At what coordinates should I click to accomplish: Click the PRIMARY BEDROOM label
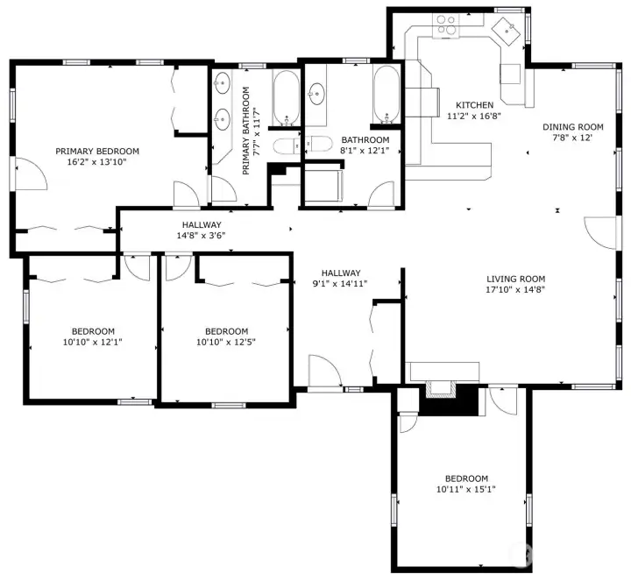(x=97, y=151)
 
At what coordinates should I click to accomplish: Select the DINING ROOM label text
(x=573, y=126)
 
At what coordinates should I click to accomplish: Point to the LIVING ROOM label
(x=516, y=279)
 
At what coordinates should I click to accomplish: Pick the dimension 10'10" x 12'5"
(x=226, y=342)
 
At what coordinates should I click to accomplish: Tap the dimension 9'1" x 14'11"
(x=340, y=284)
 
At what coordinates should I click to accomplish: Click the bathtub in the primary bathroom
(x=285, y=98)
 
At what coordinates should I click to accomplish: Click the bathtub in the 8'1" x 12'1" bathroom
(x=386, y=94)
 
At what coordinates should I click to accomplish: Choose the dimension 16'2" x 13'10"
(x=97, y=162)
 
